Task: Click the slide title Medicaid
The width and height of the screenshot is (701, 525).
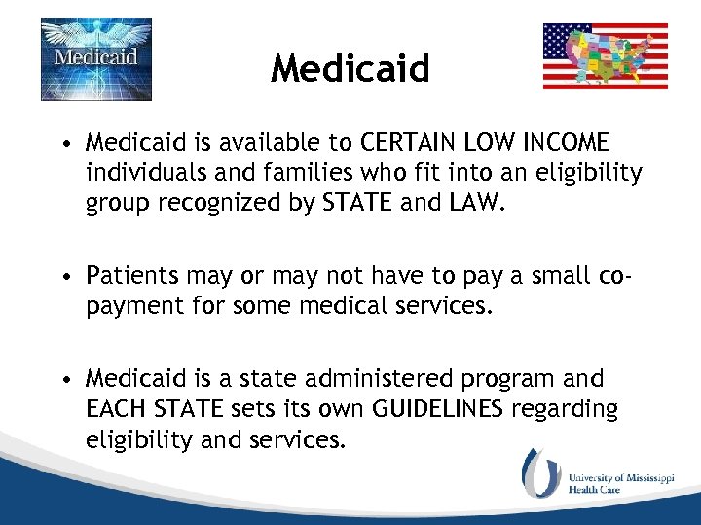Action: coord(350,68)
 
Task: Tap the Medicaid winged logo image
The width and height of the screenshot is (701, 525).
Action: coord(95,58)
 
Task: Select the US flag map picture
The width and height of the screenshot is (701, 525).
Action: coord(605,56)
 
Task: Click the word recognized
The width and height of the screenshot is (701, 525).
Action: coord(227,203)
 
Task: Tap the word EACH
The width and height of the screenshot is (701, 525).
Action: coord(116,408)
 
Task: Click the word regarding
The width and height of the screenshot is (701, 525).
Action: coord(565,409)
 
